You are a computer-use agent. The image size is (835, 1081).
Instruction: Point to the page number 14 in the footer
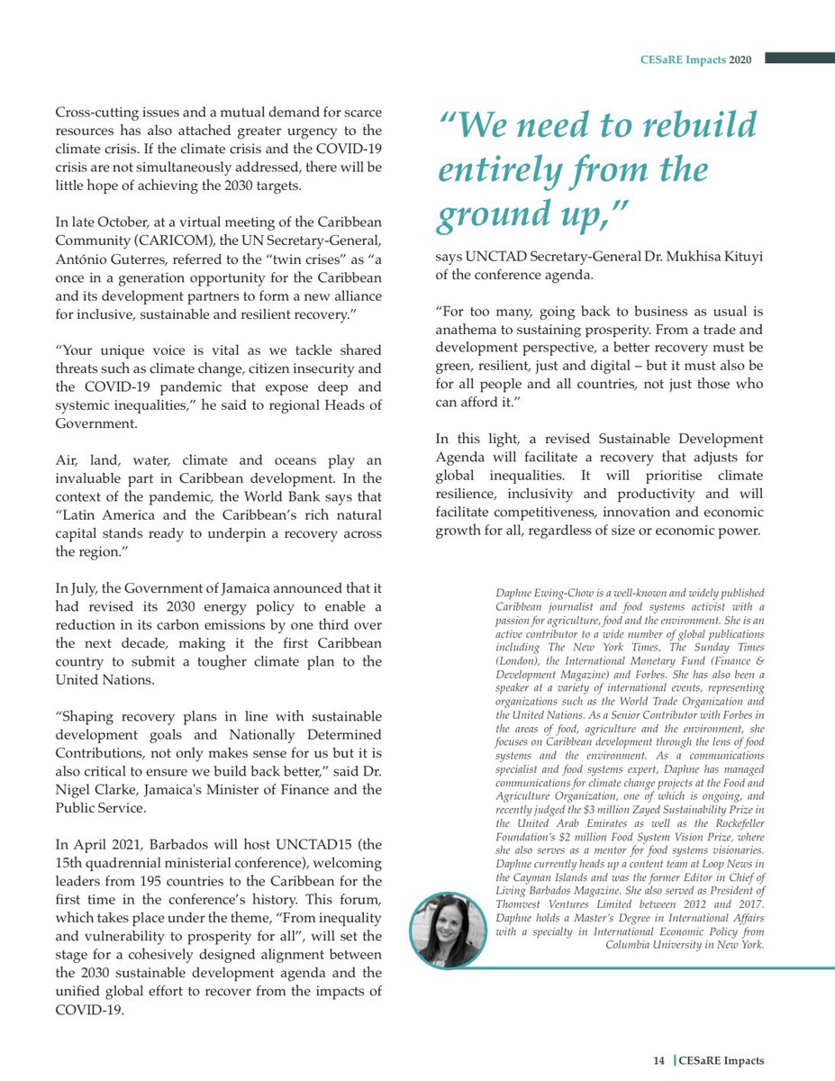pyautogui.click(x=659, y=1061)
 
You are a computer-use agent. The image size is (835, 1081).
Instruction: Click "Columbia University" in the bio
pyautogui.click(x=664, y=945)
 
